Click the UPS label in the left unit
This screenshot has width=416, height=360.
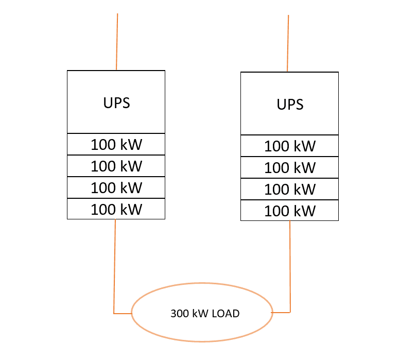coord(116,102)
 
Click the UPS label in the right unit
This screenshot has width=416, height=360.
coord(290,105)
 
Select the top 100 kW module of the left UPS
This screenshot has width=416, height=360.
coord(116,145)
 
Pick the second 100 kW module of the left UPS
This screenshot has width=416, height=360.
coord(116,166)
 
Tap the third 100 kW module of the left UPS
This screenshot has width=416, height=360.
coord(116,187)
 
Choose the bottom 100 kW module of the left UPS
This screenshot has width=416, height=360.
coord(116,209)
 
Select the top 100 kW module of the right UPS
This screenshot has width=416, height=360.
coord(290,146)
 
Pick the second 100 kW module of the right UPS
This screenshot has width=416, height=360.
coord(290,167)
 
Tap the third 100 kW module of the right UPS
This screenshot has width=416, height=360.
coord(290,189)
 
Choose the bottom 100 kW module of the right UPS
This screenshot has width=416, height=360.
coord(290,211)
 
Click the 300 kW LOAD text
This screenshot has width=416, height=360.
coord(205,313)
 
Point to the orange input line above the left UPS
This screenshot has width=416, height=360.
coord(117,41)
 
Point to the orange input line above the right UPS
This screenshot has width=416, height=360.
coord(288,43)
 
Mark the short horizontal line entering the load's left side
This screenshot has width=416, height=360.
coord(123,313)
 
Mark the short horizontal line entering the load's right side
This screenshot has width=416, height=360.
coord(281,312)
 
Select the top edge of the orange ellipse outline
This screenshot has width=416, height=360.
coord(202,283)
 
